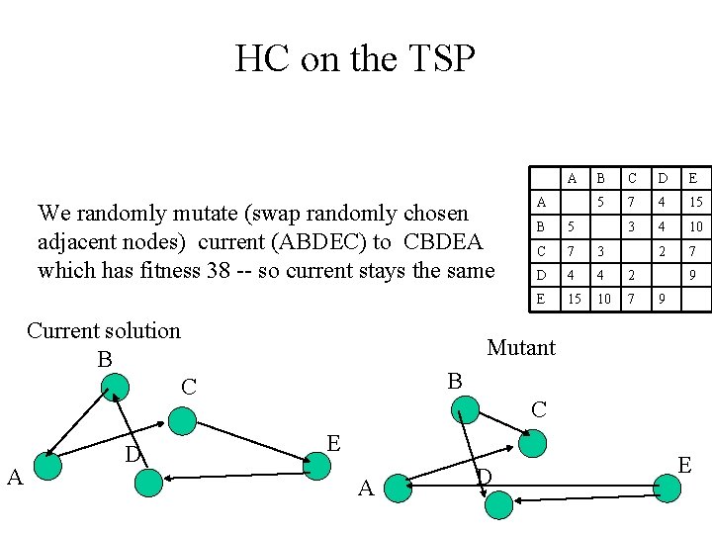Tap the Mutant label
tap(521, 347)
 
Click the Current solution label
tap(104, 330)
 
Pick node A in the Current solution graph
tap(46, 465)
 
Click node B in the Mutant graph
tap(465, 408)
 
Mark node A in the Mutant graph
tap(398, 486)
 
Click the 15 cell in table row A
tap(694, 202)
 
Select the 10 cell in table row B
tap(694, 226)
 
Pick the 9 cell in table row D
tap(694, 275)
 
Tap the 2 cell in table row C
tap(665, 251)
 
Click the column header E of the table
tap(694, 178)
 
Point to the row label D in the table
tap(541, 275)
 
